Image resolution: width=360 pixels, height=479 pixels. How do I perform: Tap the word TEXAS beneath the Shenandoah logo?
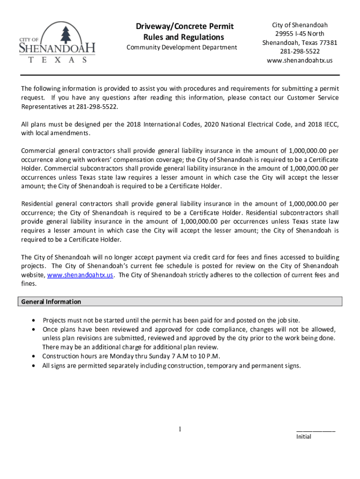(58, 60)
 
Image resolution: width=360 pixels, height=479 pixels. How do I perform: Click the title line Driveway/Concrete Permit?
(185, 26)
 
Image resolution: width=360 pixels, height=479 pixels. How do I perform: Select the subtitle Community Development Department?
(182, 47)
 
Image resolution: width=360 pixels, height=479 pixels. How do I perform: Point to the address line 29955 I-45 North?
(299, 34)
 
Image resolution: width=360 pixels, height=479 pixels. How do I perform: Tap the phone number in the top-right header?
(300, 51)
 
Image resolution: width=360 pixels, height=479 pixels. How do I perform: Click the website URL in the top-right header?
(300, 60)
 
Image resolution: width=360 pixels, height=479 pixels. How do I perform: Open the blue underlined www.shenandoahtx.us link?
(83, 275)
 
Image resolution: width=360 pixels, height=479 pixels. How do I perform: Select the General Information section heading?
(51, 302)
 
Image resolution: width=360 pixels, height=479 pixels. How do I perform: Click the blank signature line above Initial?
(316, 430)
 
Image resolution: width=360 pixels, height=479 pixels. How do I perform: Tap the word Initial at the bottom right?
(303, 437)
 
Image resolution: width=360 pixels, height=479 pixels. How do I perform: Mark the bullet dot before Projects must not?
(33, 320)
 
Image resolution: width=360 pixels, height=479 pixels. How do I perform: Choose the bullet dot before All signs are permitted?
(33, 365)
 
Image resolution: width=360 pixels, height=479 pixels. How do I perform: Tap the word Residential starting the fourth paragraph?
(37, 204)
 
